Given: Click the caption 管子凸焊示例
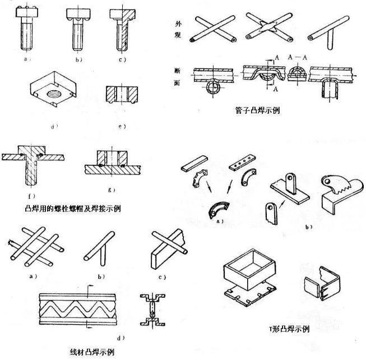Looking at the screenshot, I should [x=258, y=111].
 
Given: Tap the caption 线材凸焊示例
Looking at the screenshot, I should [x=89, y=353].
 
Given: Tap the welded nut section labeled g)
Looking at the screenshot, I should [x=112, y=163].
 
